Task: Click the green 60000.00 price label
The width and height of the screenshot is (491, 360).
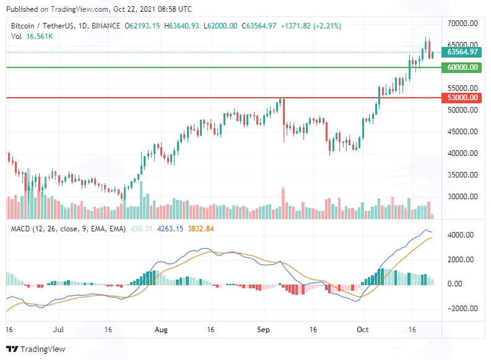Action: tap(461, 67)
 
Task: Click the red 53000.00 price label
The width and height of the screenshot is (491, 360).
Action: tap(461, 98)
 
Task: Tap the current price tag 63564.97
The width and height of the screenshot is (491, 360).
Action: tap(461, 52)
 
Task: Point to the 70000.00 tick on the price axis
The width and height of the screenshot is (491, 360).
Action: tap(463, 24)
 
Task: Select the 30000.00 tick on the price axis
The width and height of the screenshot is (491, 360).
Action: tap(463, 197)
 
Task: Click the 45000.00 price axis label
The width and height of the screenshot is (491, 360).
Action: tap(463, 132)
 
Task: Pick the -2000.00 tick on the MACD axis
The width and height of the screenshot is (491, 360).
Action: tap(460, 309)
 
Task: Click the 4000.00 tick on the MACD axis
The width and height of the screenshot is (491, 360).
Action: tap(461, 235)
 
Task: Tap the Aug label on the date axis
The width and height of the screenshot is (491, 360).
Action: tap(161, 330)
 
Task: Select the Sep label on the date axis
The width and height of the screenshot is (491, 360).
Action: tap(263, 330)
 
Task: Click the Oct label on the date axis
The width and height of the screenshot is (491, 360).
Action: tap(363, 330)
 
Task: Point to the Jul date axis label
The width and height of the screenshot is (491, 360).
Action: tap(59, 330)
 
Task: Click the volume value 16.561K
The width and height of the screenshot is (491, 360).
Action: tap(40, 36)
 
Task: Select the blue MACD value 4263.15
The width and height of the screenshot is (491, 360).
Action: tap(170, 229)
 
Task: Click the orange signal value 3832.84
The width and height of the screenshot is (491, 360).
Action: tap(201, 229)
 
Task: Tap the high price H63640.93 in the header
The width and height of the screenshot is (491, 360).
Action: tap(181, 26)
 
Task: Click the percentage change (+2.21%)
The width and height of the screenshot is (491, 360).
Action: tap(326, 26)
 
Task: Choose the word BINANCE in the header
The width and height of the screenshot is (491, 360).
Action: tap(106, 26)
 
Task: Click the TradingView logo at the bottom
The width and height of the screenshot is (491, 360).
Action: tap(36, 349)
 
